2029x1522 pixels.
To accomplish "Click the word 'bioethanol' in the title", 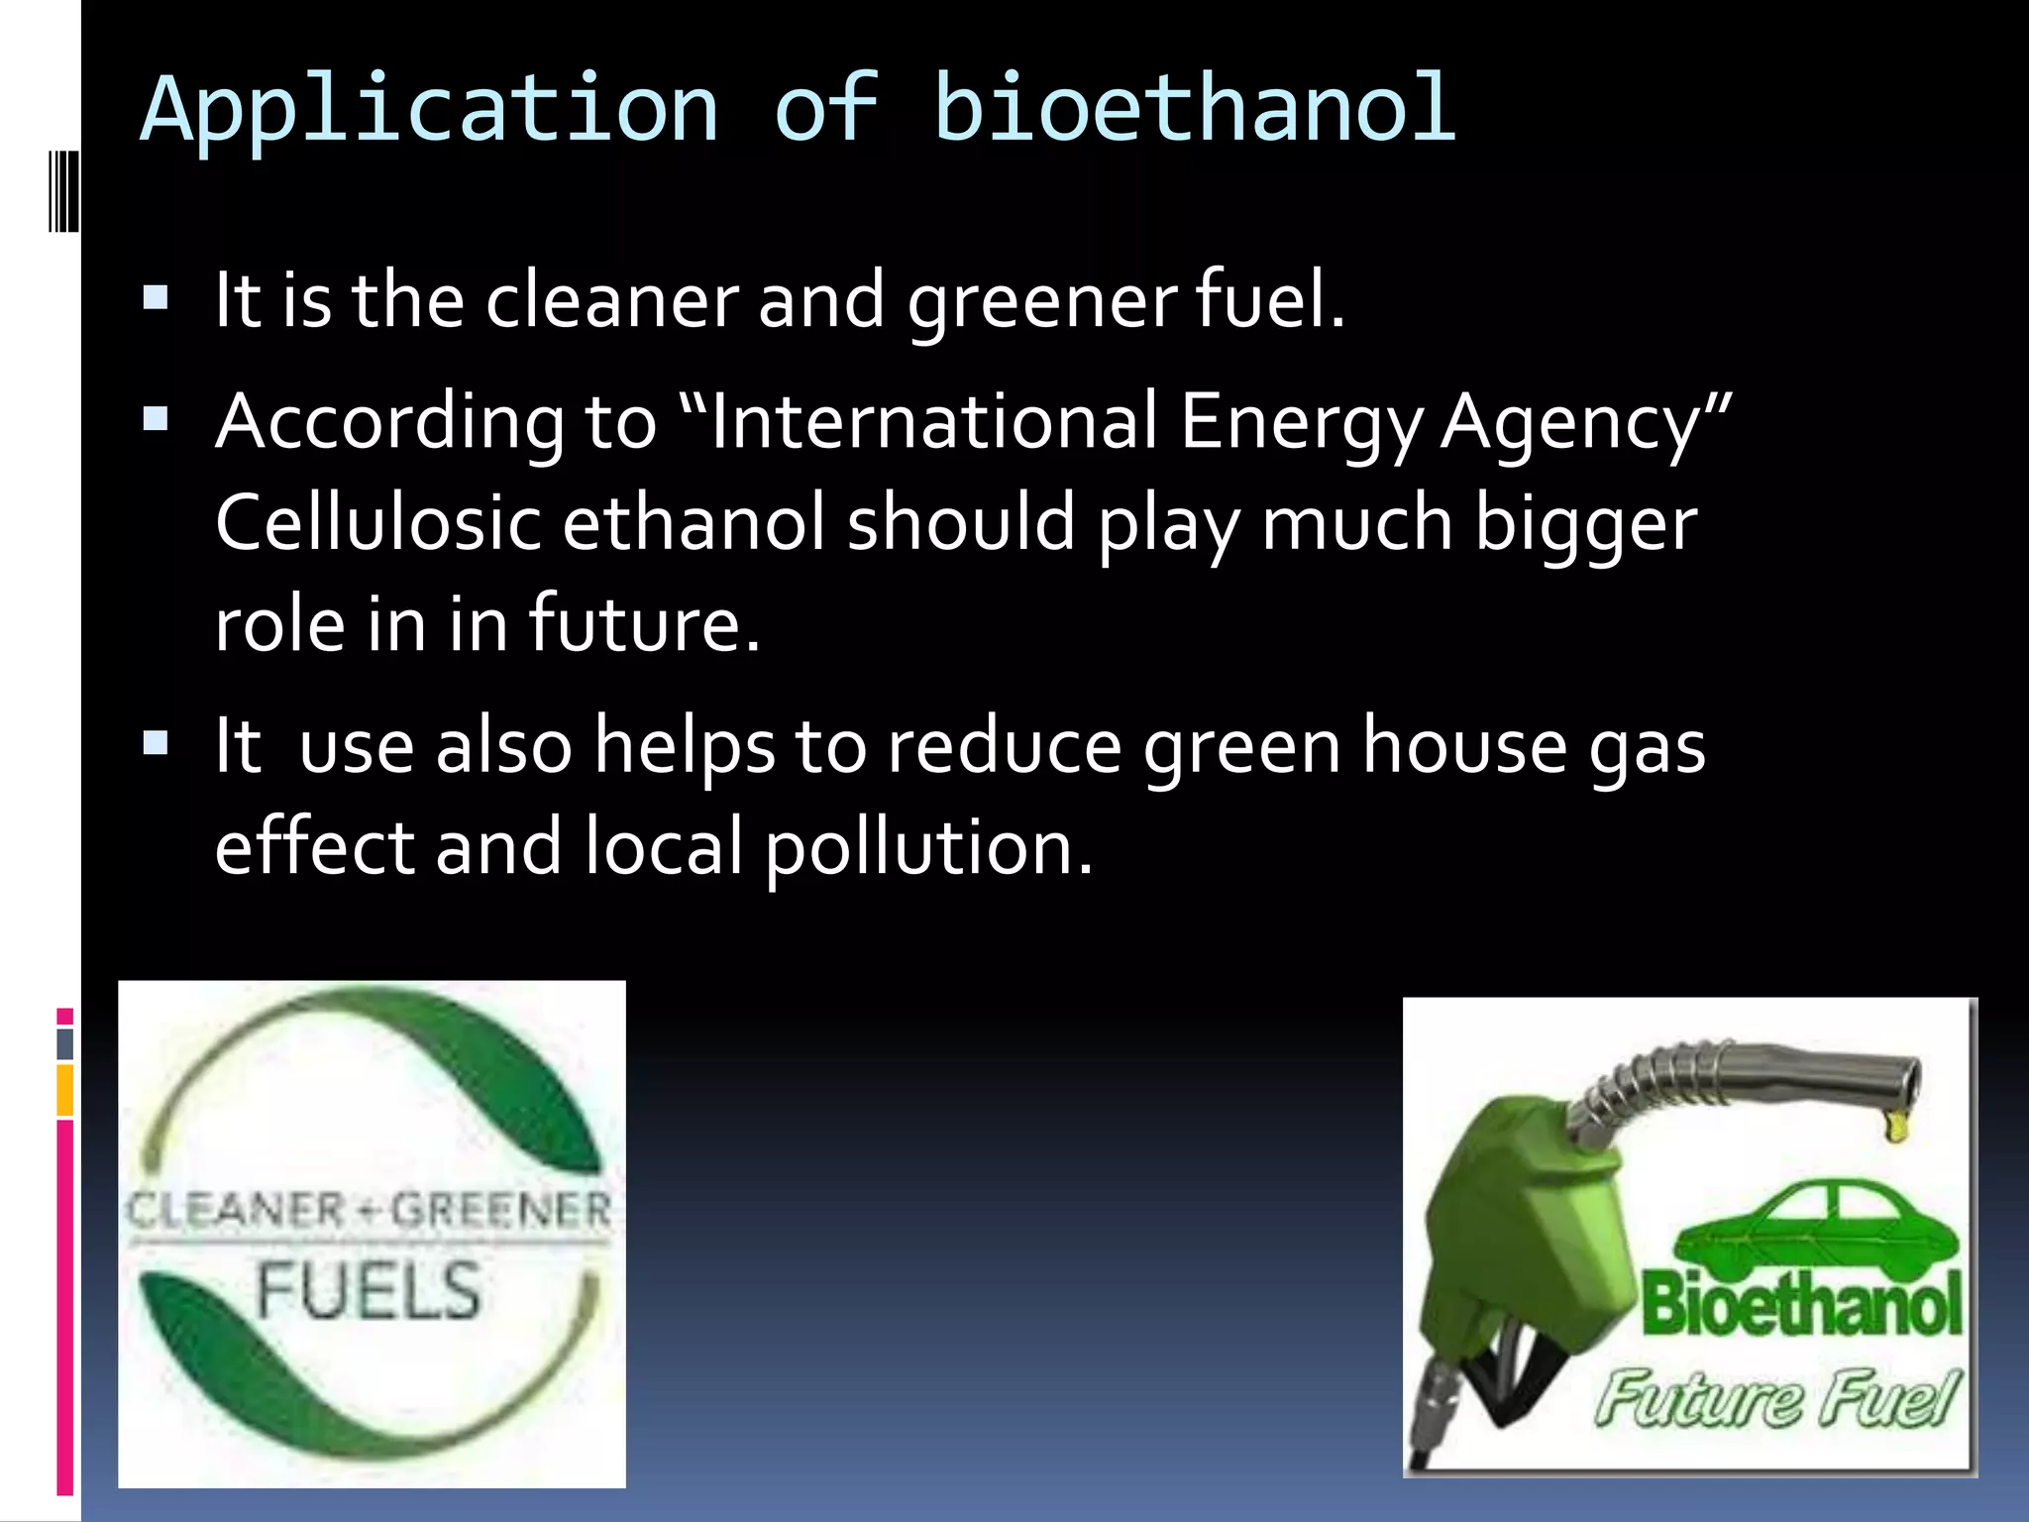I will tap(1194, 109).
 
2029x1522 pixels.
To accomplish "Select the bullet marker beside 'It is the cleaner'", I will tap(157, 297).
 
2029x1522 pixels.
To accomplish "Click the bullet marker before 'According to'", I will tap(157, 420).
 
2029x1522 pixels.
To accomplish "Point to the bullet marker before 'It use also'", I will tap(157, 743).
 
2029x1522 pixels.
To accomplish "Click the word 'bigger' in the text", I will tap(1586, 525).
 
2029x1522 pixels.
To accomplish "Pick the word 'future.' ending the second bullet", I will tap(644, 624).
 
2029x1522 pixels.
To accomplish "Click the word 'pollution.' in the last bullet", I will tap(928, 849).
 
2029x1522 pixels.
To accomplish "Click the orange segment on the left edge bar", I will tap(65, 1090).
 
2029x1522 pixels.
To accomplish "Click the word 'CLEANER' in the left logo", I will tap(236, 1210).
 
